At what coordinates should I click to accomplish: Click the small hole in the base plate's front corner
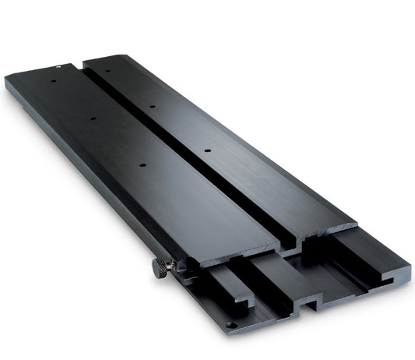230,324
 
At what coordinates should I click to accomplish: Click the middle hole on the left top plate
93,119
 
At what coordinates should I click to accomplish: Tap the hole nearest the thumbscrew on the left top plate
142,164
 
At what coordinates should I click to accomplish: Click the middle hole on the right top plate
152,106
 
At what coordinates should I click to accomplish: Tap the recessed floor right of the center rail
350,265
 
